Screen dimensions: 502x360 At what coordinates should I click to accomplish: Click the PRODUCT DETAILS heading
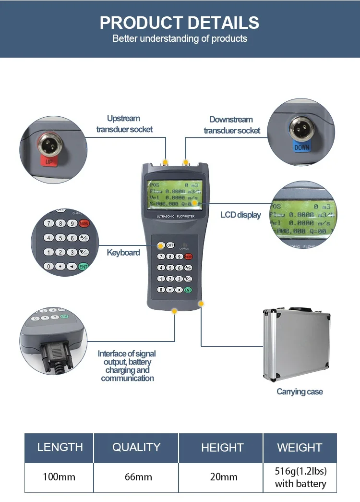(180, 23)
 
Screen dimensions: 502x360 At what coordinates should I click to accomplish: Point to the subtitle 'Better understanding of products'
(180, 38)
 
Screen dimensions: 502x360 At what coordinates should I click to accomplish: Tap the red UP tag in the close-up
(48, 161)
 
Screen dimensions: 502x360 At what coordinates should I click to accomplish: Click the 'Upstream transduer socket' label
(124, 123)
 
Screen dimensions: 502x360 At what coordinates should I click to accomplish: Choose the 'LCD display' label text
(240, 215)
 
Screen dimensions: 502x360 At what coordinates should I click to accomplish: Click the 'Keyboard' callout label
(123, 253)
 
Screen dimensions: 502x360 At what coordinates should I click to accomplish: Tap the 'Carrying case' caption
(300, 392)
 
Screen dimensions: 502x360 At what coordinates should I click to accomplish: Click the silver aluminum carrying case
(296, 343)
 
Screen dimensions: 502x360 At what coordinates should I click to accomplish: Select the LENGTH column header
(60, 447)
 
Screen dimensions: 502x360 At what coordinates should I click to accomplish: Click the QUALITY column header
(136, 447)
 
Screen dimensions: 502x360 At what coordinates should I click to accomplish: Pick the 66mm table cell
(138, 477)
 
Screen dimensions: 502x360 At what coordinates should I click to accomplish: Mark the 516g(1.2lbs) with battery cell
(300, 477)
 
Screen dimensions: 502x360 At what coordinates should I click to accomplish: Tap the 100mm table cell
(60, 477)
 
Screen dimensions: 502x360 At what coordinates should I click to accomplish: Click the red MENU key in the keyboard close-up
(84, 223)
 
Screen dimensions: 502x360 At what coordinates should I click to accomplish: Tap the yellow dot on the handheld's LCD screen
(195, 203)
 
